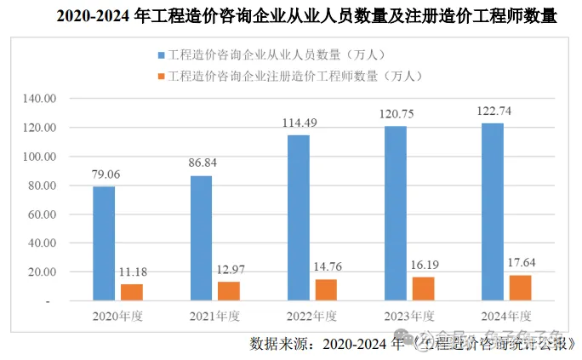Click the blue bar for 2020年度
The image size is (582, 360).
[x=104, y=243]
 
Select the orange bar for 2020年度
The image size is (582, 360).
[x=132, y=292]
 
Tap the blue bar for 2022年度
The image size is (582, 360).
[x=298, y=218]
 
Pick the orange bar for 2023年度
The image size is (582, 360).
[x=423, y=289]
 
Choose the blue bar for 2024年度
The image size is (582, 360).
[x=493, y=212]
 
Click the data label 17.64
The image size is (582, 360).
[x=519, y=262]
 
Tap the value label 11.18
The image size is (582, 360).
[x=132, y=271]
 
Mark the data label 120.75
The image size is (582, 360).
[x=396, y=113]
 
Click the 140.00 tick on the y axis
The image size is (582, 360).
[x=39, y=99]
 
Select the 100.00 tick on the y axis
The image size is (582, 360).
[x=39, y=157]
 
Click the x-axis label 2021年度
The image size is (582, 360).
[x=214, y=316]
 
